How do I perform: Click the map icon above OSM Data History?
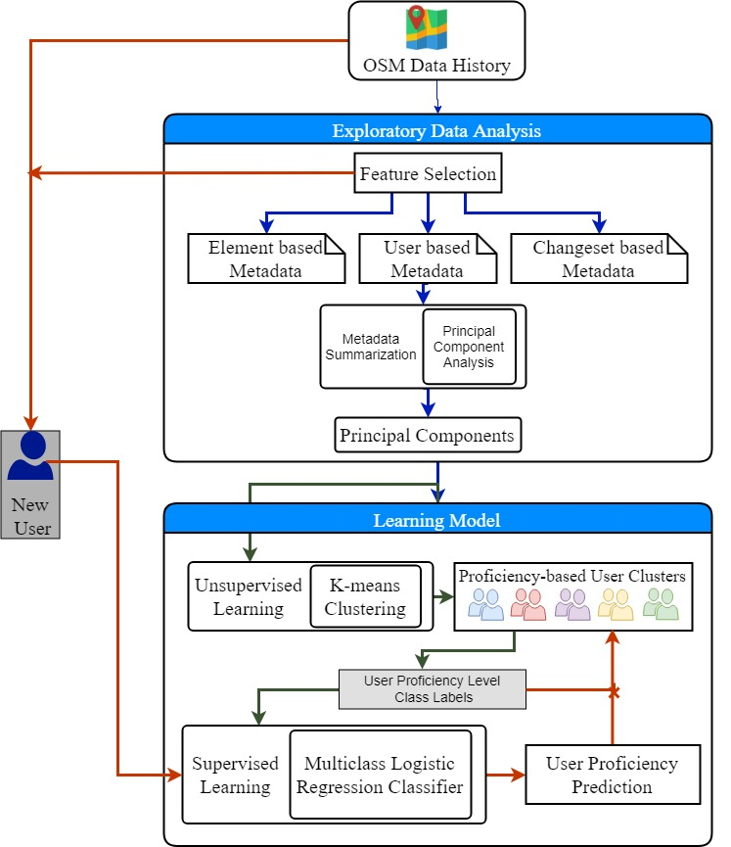click(x=427, y=27)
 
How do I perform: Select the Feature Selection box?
click(x=428, y=173)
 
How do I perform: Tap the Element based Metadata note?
click(x=266, y=259)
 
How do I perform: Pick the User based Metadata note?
click(x=428, y=259)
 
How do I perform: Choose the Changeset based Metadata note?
click(x=599, y=259)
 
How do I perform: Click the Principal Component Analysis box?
click(x=469, y=347)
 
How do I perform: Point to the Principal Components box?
click(x=428, y=435)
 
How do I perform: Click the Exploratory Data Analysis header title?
click(x=436, y=131)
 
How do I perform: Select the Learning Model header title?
click(x=436, y=520)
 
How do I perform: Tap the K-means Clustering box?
click(x=366, y=596)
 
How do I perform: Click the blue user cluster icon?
click(x=486, y=604)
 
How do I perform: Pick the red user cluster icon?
click(x=528, y=604)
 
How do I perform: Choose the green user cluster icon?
click(x=661, y=604)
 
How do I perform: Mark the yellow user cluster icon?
click(x=616, y=604)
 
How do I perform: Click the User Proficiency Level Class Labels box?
click(x=433, y=688)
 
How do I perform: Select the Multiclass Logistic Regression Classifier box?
click(x=380, y=775)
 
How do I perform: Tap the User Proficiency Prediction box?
click(x=613, y=775)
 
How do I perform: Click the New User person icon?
click(x=30, y=456)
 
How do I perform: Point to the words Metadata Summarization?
click(x=371, y=347)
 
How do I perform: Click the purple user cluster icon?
click(x=572, y=604)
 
